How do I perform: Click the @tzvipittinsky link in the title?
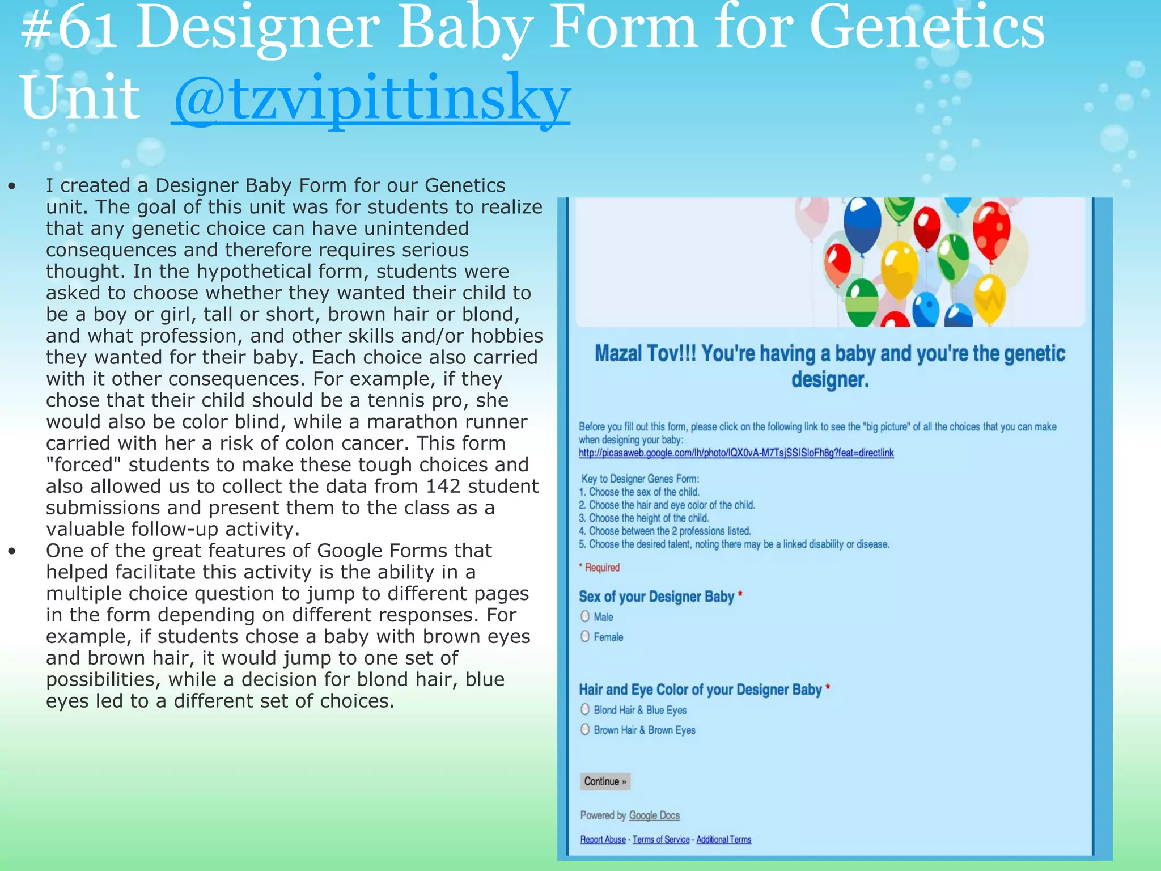pos(371,99)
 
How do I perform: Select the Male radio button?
pos(585,616)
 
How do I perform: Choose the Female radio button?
pos(585,637)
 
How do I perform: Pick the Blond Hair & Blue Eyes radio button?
pos(585,709)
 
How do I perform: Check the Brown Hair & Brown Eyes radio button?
pos(585,730)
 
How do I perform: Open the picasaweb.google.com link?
pos(736,453)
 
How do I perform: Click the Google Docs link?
pos(654,815)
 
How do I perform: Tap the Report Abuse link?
pos(603,840)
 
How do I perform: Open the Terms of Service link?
pos(661,840)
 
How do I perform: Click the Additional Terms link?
pos(723,840)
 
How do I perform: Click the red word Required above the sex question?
pos(602,568)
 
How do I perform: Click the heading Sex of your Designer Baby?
pos(656,597)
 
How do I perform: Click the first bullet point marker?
pos(12,186)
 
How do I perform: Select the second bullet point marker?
pos(12,551)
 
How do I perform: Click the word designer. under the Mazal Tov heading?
pos(830,379)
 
